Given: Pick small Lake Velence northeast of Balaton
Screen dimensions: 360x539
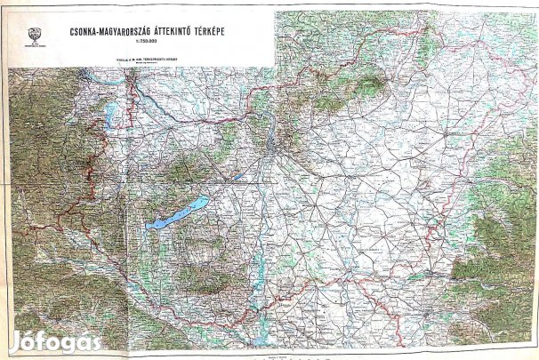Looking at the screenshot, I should pyautogui.click(x=236, y=177).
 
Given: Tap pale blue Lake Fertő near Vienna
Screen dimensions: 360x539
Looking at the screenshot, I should pyautogui.click(x=111, y=114).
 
